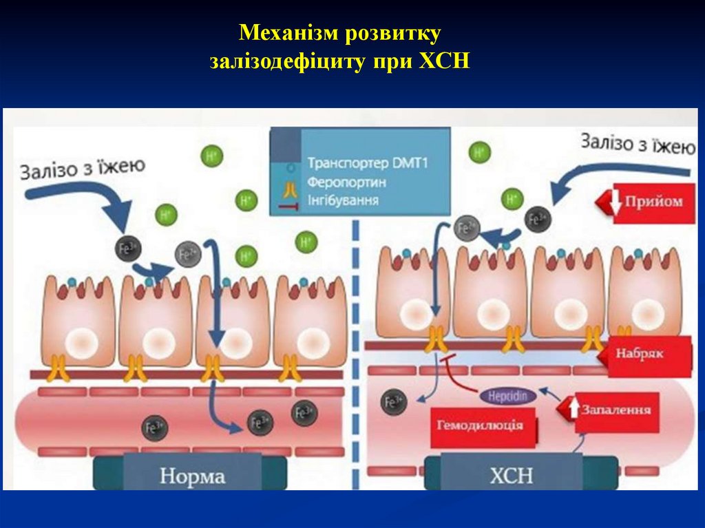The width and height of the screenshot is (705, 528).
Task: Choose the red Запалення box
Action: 616,410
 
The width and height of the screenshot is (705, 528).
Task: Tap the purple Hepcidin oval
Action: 508,397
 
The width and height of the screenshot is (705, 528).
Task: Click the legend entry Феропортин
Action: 346,182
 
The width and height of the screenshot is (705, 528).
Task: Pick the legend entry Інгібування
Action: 343,200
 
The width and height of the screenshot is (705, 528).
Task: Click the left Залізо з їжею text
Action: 83,169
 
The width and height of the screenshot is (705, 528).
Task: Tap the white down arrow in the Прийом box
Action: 612,202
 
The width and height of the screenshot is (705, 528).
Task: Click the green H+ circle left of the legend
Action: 246,201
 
